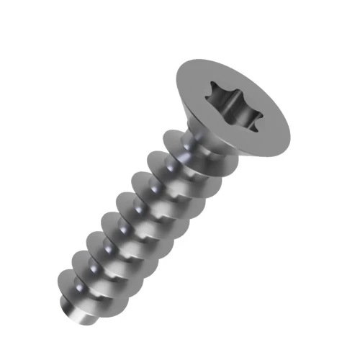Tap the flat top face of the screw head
[x=259, y=137]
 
